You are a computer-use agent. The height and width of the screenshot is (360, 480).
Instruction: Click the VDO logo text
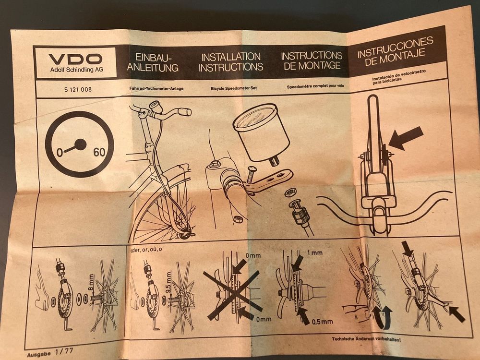(75, 59)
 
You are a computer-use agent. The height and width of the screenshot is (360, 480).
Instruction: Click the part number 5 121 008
(78, 90)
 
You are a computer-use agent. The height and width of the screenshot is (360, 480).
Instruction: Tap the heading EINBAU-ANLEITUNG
(153, 62)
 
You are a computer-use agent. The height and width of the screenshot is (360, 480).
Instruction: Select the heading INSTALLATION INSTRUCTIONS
(231, 62)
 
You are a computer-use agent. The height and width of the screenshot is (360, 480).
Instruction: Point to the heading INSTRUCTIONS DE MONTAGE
(312, 60)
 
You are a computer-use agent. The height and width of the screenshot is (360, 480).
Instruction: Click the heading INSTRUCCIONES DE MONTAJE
(395, 51)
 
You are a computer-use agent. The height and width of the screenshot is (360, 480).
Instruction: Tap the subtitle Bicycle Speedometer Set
(234, 88)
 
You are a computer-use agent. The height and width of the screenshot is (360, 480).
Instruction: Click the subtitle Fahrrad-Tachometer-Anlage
(156, 89)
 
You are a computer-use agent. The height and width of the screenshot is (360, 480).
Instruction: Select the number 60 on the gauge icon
(99, 152)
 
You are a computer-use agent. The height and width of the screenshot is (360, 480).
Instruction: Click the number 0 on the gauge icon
(60, 152)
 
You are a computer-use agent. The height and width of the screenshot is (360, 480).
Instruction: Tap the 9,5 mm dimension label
(168, 283)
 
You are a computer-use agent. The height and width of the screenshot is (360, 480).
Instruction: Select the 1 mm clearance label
(314, 253)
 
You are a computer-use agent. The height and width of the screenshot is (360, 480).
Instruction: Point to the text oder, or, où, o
(146, 250)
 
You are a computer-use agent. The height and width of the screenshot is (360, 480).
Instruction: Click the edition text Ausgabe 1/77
(50, 352)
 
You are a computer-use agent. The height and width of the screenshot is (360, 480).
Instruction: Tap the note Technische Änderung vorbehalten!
(366, 339)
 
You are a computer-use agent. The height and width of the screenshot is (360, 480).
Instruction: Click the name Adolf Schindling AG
(77, 70)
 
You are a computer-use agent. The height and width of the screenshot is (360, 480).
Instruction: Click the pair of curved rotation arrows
(382, 317)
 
